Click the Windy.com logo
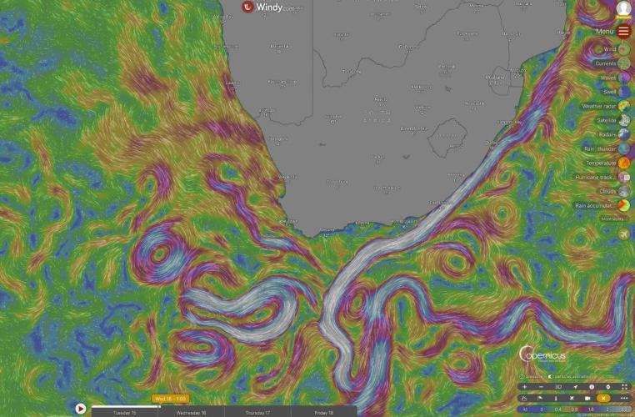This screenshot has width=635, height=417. [267, 7]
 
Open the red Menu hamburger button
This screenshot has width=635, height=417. [624, 32]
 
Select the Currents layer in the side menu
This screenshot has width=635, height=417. [624, 63]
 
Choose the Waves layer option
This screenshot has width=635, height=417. [624, 78]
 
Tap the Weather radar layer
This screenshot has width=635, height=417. [624, 106]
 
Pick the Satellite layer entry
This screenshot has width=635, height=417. [624, 120]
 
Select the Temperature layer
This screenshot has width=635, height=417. [624, 163]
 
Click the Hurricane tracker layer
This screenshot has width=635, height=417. [624, 177]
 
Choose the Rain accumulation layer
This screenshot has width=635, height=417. [624, 205]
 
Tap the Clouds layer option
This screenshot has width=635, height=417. [624, 191]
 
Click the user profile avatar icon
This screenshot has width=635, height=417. [624, 8]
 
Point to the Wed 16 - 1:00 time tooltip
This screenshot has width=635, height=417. [170, 399]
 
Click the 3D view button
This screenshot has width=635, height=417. [558, 387]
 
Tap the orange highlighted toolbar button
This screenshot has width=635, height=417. [604, 398]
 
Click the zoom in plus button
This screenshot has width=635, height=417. [524, 387]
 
